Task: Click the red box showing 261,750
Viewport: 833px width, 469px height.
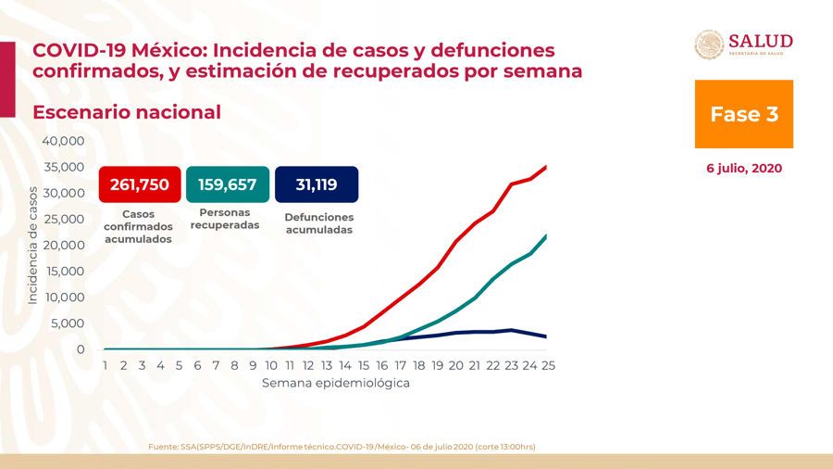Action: point(139,184)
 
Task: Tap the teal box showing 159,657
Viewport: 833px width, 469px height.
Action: point(228,184)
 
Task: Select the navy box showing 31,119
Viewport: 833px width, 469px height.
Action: point(317,184)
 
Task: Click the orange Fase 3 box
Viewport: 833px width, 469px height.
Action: point(743,114)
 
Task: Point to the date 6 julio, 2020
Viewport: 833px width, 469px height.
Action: point(743,169)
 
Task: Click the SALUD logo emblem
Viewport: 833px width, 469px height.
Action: point(709,44)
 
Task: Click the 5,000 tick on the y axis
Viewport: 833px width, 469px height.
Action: point(68,323)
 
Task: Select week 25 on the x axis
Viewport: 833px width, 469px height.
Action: point(549,365)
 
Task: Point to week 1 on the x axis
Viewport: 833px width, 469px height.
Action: point(106,365)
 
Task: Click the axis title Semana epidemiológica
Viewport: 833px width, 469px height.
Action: point(335,382)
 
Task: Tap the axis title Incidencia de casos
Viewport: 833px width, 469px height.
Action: point(32,245)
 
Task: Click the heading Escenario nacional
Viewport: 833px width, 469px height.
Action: point(127,112)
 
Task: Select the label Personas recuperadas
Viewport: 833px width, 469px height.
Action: point(228,219)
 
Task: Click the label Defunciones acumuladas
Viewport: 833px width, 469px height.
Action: point(318,223)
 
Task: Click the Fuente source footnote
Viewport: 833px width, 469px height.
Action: point(342,447)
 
